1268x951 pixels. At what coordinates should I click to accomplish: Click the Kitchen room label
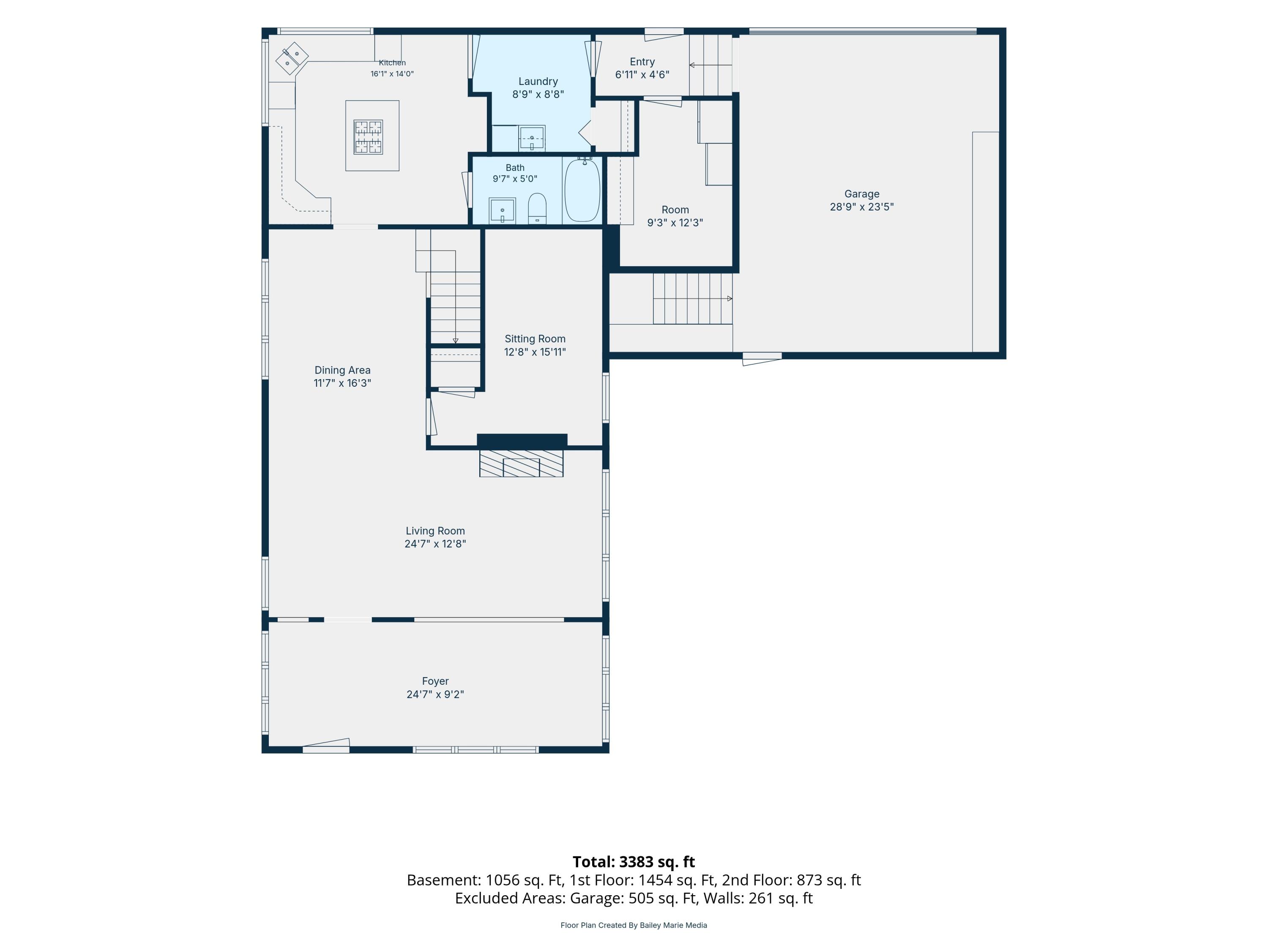[392, 63]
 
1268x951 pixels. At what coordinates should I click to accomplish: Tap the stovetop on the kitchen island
[368, 137]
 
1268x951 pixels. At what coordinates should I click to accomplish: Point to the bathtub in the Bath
[582, 190]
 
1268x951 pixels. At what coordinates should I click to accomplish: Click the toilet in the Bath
[537, 208]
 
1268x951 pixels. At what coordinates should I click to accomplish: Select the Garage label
[861, 194]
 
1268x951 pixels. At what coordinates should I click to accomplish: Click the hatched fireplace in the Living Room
[521, 463]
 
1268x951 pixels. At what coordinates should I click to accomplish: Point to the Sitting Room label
[535, 339]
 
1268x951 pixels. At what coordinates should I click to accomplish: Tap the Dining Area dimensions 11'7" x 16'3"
[342, 383]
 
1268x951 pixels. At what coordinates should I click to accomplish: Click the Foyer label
[435, 681]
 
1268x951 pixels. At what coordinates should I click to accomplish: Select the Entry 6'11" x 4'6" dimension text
[642, 74]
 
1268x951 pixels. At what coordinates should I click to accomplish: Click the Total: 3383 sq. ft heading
[634, 861]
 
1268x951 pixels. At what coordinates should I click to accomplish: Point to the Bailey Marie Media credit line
[634, 925]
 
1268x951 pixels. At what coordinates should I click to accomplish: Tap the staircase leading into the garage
[692, 299]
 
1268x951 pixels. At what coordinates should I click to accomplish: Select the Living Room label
[435, 531]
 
